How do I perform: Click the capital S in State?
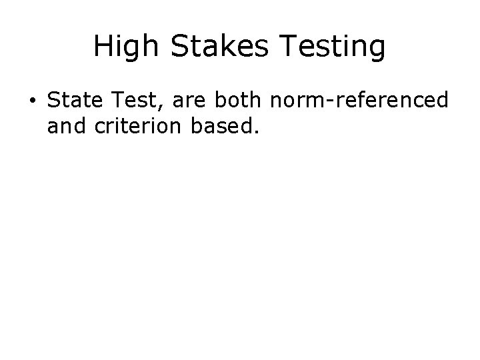click(x=54, y=101)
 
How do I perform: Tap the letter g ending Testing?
click(x=377, y=49)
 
